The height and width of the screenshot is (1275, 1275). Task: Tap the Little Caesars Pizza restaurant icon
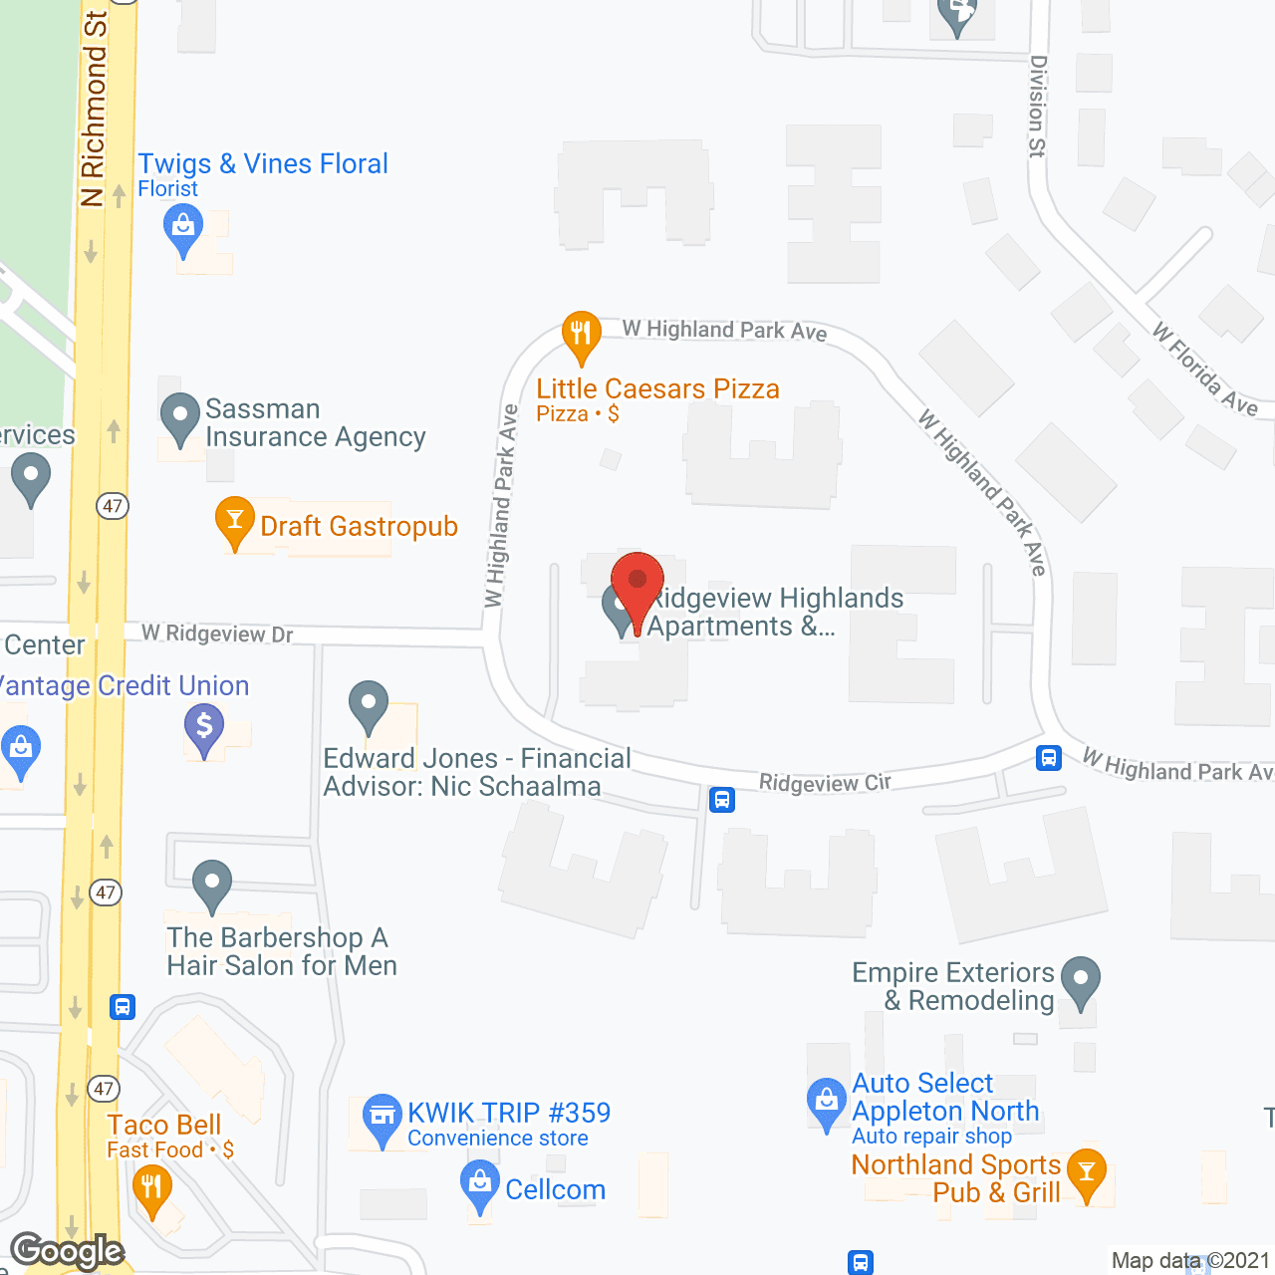pos(581,335)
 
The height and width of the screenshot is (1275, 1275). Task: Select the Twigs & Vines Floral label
pos(263,164)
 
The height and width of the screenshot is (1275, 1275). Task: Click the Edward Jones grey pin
pos(369,705)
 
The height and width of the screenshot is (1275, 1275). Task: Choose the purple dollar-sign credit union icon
pos(204,727)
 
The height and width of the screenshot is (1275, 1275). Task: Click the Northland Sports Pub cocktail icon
pos(1087,1173)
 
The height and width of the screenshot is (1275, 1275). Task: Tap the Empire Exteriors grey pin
pos(1081,981)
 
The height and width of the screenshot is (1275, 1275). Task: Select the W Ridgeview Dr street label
pos(217,634)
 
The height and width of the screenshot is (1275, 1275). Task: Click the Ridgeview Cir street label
pos(825,783)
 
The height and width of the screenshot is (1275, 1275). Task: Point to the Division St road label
pos(1038,106)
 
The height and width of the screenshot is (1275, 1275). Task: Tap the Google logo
pos(68,1251)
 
